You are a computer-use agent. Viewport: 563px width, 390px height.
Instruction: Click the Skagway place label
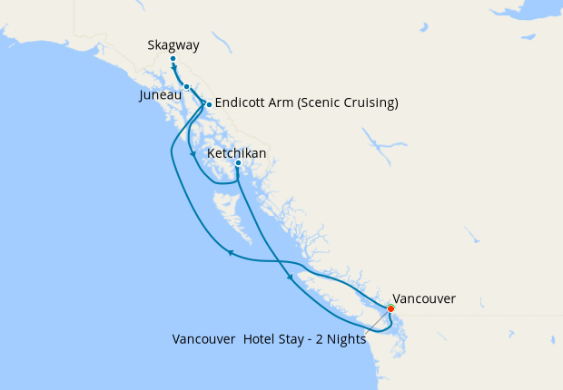pos(173,45)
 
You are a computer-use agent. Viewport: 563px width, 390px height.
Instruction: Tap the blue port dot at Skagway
pos(173,60)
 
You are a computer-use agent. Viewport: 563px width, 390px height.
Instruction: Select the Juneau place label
pos(165,94)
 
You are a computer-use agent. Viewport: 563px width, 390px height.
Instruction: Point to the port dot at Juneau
pos(186,87)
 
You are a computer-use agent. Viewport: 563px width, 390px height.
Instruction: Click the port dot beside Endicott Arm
pos(209,104)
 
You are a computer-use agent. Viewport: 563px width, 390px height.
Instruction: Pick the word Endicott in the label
pos(242,103)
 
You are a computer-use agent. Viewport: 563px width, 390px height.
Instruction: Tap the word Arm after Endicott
pos(280,103)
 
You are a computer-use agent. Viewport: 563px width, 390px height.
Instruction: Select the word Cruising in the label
pos(368,103)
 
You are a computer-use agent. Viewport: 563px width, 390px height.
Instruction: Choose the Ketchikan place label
pos(237,153)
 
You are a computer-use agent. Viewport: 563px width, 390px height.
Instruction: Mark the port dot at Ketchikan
pos(238,164)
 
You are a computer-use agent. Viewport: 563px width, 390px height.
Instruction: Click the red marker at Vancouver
pos(391,308)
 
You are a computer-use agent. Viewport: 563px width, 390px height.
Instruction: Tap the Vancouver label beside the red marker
pos(423,297)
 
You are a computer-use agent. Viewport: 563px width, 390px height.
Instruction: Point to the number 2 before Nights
pos(321,340)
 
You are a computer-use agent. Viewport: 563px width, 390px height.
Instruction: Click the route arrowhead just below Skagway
pos(173,68)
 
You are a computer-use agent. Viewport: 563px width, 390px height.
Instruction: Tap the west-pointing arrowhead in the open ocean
pos(230,253)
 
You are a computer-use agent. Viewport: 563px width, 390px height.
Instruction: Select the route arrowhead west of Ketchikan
pos(193,155)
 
